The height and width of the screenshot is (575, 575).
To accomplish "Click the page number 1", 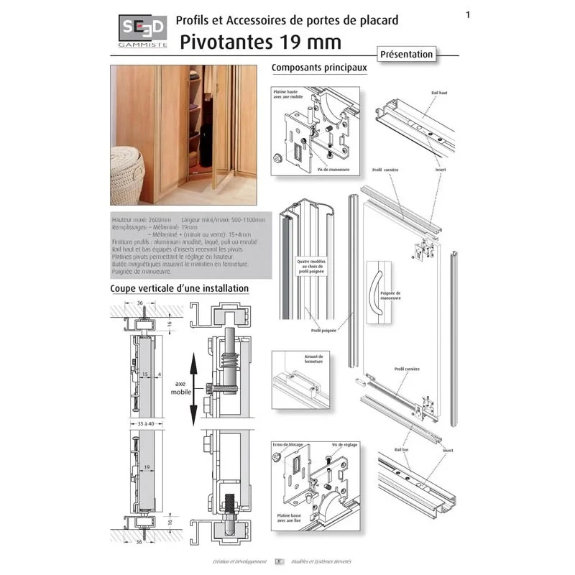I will (468, 14).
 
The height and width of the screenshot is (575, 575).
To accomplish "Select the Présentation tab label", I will (406, 54).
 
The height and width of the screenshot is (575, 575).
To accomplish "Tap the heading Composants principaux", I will (319, 68).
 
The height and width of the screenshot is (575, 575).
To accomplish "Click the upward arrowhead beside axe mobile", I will (193, 357).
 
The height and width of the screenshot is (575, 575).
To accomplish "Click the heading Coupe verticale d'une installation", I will (179, 288).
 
